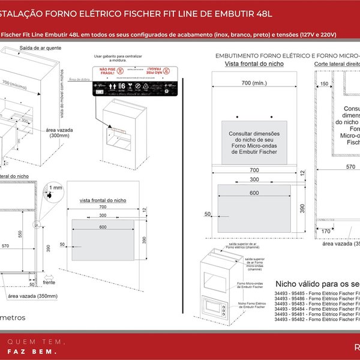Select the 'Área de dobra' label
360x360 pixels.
click(79, 79)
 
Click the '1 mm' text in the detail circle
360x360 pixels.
click(56, 188)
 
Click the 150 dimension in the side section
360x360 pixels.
click(324, 85)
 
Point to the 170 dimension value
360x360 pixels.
click(326, 230)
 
